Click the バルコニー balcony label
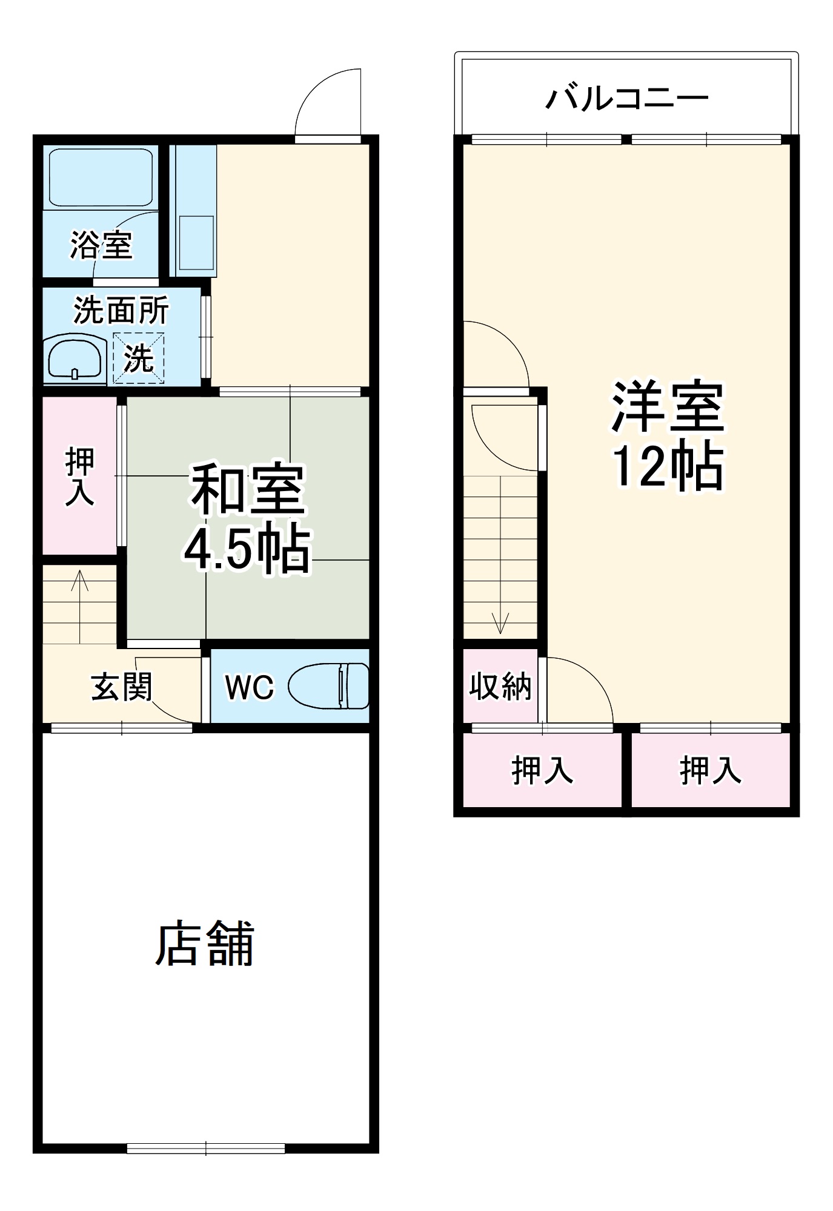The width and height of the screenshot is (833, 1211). click(627, 98)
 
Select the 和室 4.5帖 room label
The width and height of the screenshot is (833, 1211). click(247, 518)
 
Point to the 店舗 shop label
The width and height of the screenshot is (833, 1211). click(205, 944)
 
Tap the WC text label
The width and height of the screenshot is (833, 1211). click(249, 687)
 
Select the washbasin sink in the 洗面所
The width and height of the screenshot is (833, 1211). click(75, 359)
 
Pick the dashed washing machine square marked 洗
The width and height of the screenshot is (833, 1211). click(139, 358)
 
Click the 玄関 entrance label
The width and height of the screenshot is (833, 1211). click(122, 687)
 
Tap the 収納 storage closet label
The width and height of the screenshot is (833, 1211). click(500, 687)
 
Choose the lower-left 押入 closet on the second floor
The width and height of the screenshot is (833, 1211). click(542, 771)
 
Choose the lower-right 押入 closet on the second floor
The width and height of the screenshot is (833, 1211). click(710, 771)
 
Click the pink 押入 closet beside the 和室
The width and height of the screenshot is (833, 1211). click(79, 475)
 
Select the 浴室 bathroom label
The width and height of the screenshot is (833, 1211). click(101, 245)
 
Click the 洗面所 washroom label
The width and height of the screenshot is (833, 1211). click(121, 311)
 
